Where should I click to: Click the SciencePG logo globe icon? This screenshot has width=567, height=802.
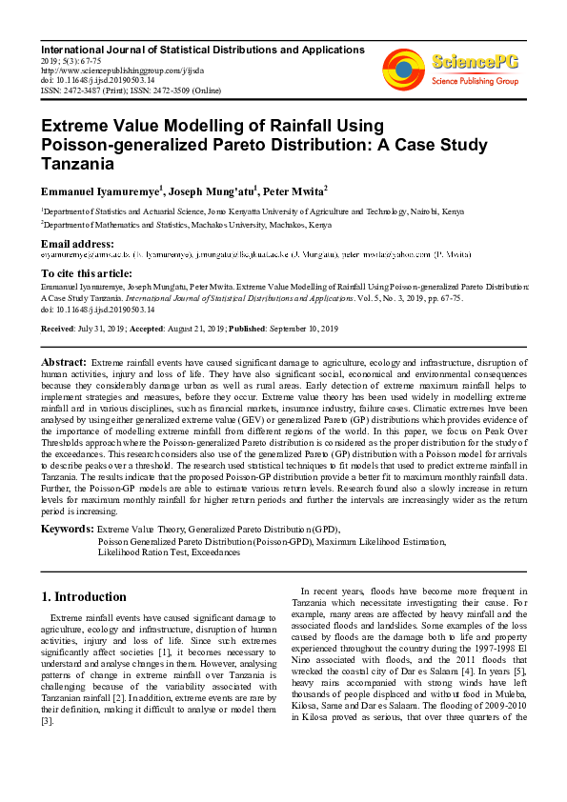pyautogui.click(x=403, y=68)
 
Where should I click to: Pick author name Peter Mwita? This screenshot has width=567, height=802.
pyautogui.click(x=290, y=190)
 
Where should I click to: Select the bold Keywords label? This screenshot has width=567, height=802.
pyautogui.click(x=67, y=528)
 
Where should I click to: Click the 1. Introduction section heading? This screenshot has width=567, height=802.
pyautogui.click(x=84, y=597)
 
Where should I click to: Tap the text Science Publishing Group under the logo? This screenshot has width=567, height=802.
pyautogui.click(x=475, y=82)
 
